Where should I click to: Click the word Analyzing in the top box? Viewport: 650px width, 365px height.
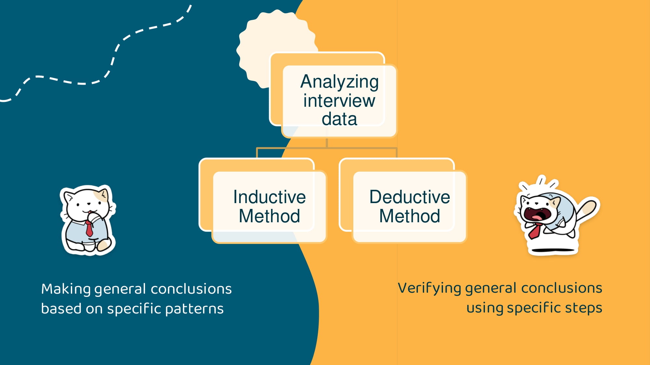(339, 82)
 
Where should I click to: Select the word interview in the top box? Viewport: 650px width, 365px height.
(339, 101)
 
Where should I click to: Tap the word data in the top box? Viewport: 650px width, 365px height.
(339, 119)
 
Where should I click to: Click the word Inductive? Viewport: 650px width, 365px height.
(269, 197)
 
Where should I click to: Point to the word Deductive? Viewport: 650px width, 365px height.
(409, 197)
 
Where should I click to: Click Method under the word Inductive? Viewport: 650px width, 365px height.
(269, 216)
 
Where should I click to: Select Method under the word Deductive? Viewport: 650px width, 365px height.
(409, 216)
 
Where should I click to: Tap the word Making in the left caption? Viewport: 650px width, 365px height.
(66, 289)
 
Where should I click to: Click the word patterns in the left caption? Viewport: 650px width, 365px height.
(194, 309)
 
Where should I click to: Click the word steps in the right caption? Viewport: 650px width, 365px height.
(584, 308)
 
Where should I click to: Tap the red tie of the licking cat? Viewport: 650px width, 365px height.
(89, 228)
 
